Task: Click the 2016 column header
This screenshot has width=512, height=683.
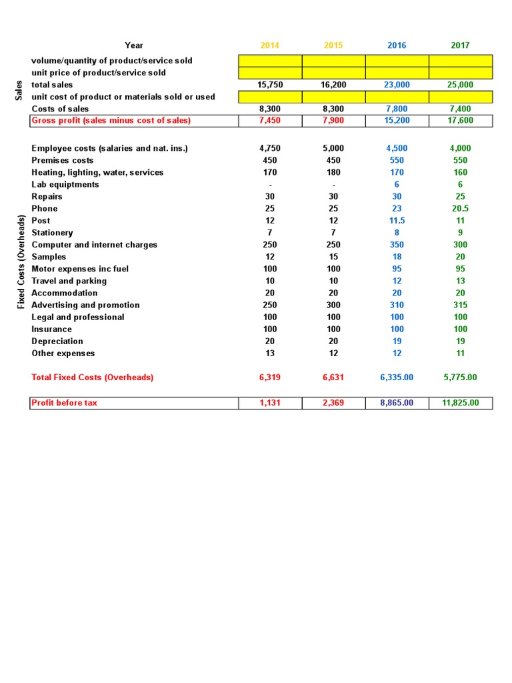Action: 397,45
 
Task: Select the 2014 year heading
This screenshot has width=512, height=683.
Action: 270,45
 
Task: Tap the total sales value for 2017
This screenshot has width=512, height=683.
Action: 460,85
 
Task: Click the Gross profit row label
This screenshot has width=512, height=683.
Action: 111,120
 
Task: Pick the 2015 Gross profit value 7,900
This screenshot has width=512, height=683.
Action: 333,120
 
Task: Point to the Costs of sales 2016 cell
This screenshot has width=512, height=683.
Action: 397,109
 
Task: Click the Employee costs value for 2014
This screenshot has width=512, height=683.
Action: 270,148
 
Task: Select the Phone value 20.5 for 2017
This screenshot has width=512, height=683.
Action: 460,209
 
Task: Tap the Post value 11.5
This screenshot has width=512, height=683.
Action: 397,221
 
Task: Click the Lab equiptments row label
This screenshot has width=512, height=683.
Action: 65,185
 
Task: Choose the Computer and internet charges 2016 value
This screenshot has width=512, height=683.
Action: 397,245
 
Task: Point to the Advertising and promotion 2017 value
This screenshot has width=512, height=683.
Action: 460,305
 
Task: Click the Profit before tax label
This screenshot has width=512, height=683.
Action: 64,403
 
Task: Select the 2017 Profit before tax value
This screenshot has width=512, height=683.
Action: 460,403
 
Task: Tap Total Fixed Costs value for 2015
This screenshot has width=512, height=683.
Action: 333,378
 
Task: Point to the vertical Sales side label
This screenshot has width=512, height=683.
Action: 19,91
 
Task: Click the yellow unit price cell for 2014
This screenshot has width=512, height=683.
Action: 270,73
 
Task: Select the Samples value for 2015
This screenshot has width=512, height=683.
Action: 333,257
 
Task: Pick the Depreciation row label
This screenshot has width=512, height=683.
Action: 57,341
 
